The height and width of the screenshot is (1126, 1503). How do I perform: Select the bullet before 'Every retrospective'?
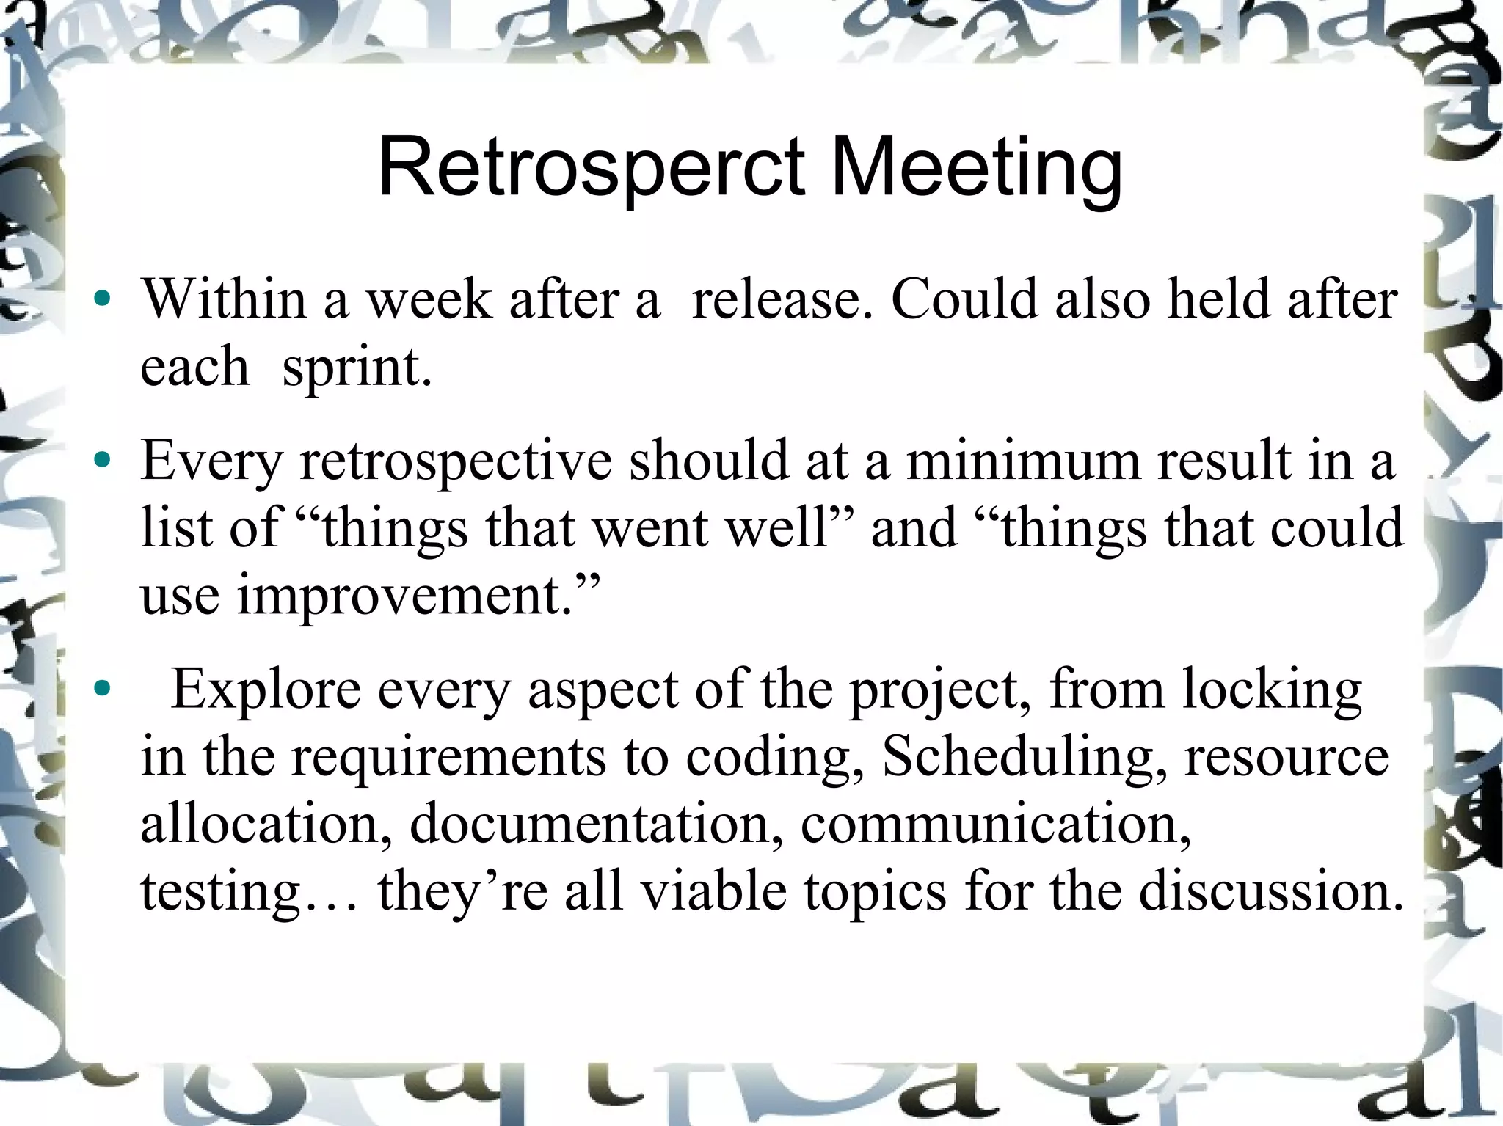point(103,461)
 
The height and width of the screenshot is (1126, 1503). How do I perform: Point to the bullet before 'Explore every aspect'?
point(103,689)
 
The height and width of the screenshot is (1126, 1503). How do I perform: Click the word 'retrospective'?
point(456,461)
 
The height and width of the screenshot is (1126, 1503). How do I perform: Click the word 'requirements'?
point(448,758)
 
